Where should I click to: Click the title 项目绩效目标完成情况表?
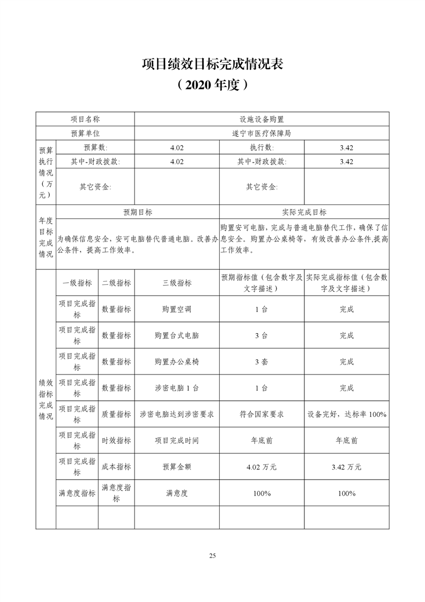point(212,64)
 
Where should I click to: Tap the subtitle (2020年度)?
point(212,85)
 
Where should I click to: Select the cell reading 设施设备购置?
point(262,119)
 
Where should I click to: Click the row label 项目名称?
point(85,119)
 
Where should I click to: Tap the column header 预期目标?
point(138,212)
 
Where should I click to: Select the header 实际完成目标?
point(304,212)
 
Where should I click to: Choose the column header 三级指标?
point(177,283)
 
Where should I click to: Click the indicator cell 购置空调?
point(177,309)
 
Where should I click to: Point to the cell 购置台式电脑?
point(177,335)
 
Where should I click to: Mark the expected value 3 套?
point(262,362)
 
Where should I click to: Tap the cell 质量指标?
point(116,414)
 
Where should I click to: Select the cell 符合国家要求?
point(262,414)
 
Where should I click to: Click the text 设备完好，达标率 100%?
point(347,414)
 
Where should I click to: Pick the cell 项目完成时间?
point(177,441)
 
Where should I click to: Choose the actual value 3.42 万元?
point(347,467)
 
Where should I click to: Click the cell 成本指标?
point(116,467)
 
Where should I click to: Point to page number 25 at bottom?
point(212,555)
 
